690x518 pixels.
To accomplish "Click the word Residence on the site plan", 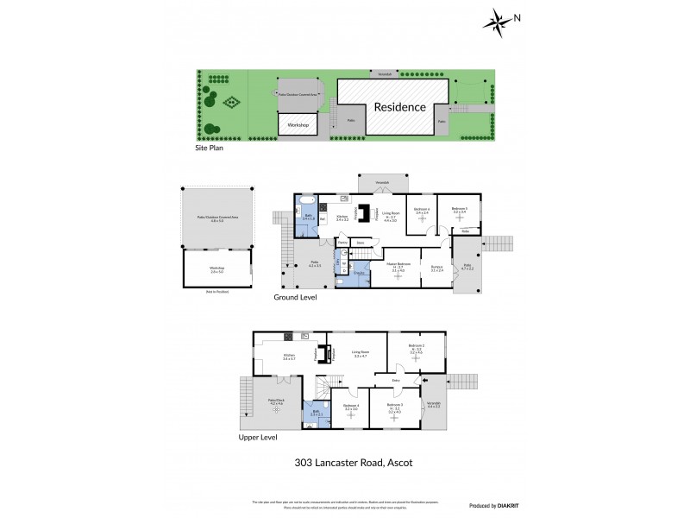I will (399, 108).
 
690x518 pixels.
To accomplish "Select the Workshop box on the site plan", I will (298, 125).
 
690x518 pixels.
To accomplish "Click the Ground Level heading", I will (296, 297).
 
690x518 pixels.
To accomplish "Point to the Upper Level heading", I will (261, 438).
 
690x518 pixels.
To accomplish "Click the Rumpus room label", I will (436, 267).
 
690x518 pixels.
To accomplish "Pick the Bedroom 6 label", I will (422, 210).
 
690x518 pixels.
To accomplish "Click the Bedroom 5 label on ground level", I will (460, 210).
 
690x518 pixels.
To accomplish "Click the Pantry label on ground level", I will (342, 243).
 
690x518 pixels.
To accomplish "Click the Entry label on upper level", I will (397, 380).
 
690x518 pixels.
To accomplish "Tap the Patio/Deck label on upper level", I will (277, 401).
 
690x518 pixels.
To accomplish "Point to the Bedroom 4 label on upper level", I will (350, 406).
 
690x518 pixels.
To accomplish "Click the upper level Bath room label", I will (315, 413).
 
